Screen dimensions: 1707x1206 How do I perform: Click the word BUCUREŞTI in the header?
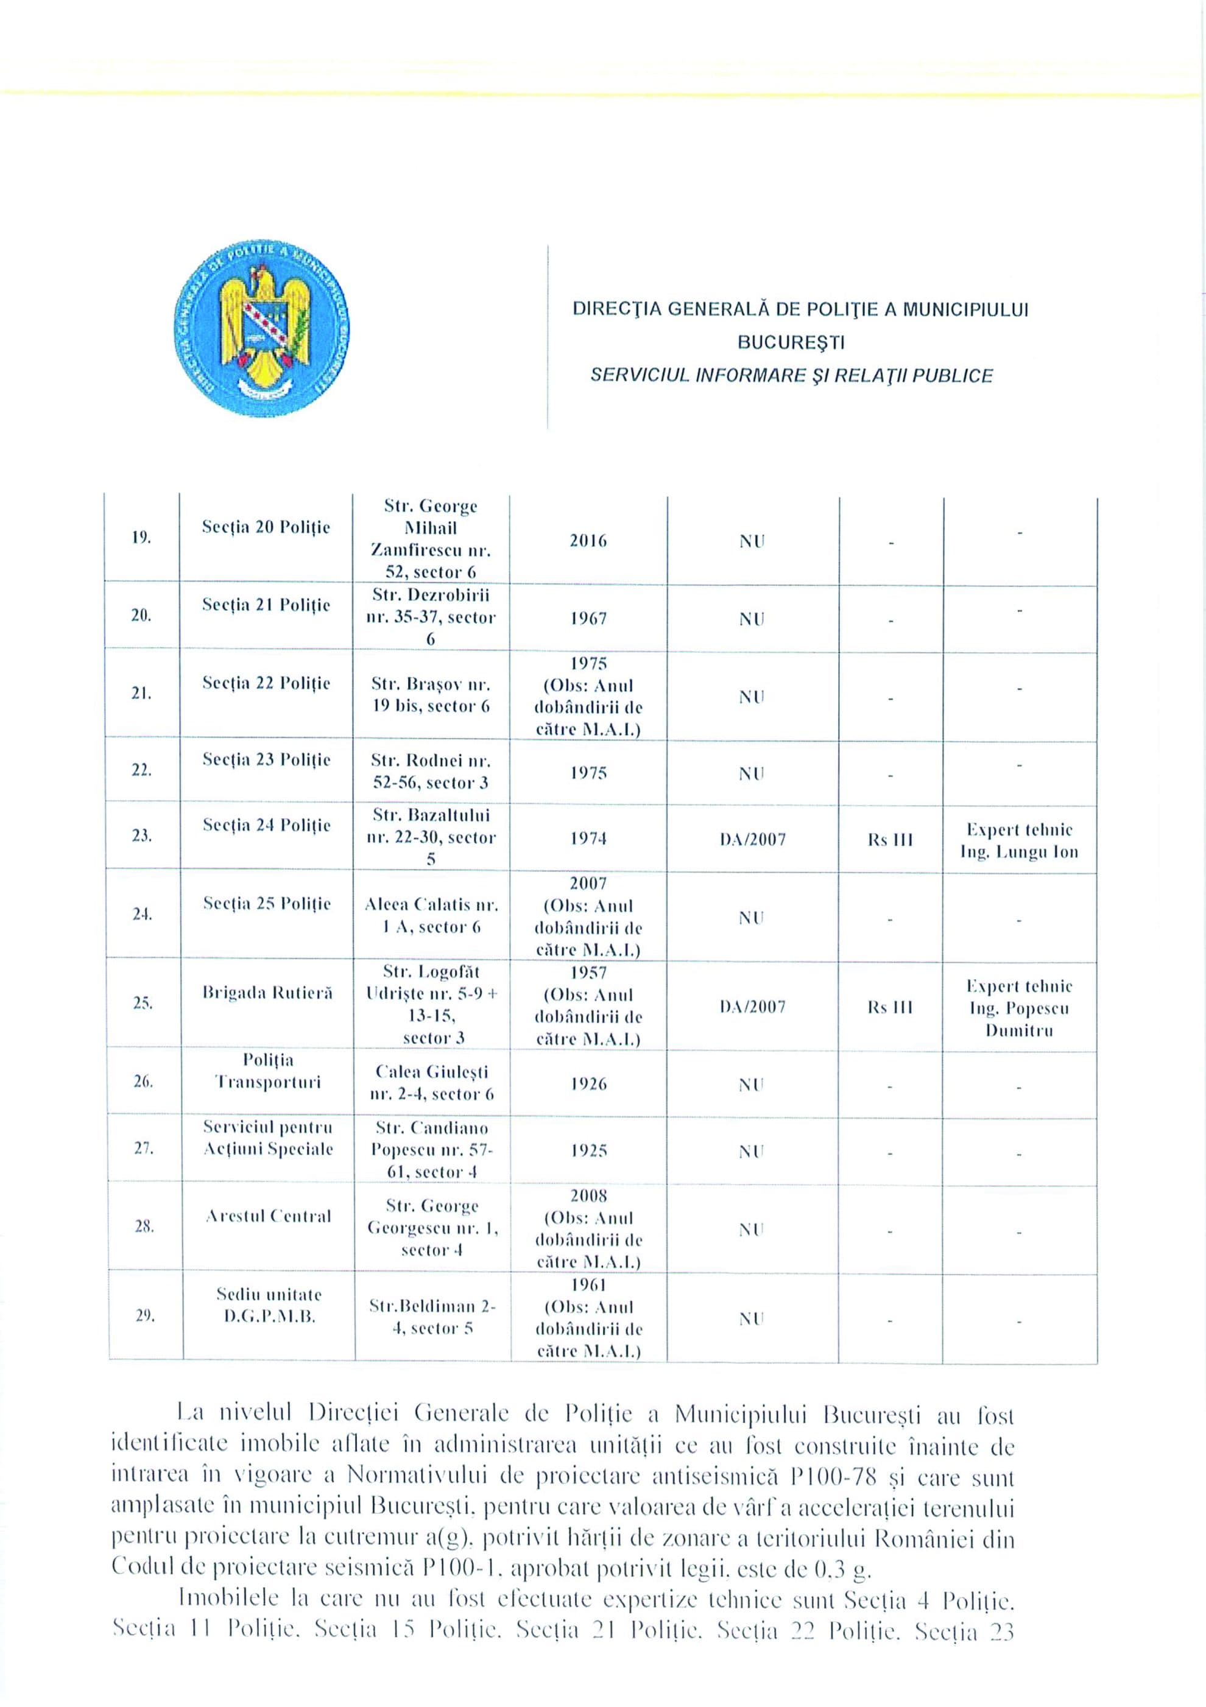tap(791, 343)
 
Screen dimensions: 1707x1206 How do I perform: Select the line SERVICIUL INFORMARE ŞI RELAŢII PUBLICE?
tap(791, 376)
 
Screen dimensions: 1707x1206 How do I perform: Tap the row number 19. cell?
tap(141, 538)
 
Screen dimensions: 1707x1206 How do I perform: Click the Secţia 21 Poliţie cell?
tap(266, 605)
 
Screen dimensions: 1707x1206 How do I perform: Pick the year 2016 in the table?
tap(588, 541)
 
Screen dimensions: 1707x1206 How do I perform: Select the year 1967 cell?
tap(588, 619)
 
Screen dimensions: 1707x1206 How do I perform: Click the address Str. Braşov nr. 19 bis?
tap(431, 694)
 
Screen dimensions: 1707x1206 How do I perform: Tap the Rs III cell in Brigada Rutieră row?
tap(889, 1007)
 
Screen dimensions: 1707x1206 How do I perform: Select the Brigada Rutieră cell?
tap(267, 993)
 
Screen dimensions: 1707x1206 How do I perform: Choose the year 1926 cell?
tap(588, 1084)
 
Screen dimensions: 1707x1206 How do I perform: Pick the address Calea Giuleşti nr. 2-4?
tap(431, 1083)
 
